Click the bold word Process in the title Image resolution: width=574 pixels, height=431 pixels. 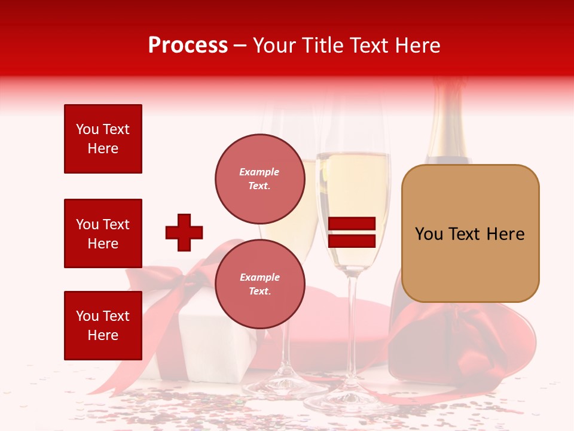(x=188, y=45)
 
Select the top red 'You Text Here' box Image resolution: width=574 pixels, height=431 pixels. (x=103, y=139)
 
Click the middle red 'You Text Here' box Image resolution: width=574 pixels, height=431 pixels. (x=103, y=233)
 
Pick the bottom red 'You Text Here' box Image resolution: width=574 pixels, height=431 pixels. (x=103, y=326)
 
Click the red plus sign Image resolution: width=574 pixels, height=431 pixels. (x=184, y=232)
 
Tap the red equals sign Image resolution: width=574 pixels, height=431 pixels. (x=352, y=232)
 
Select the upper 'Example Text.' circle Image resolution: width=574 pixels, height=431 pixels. (x=259, y=178)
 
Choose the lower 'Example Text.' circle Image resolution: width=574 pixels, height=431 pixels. (x=259, y=284)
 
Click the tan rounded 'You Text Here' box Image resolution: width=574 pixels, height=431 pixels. (x=470, y=233)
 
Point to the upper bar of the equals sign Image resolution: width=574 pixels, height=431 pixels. (x=352, y=224)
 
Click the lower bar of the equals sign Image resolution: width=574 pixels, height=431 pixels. (x=352, y=241)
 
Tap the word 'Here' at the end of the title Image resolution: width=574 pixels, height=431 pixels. (x=419, y=45)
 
